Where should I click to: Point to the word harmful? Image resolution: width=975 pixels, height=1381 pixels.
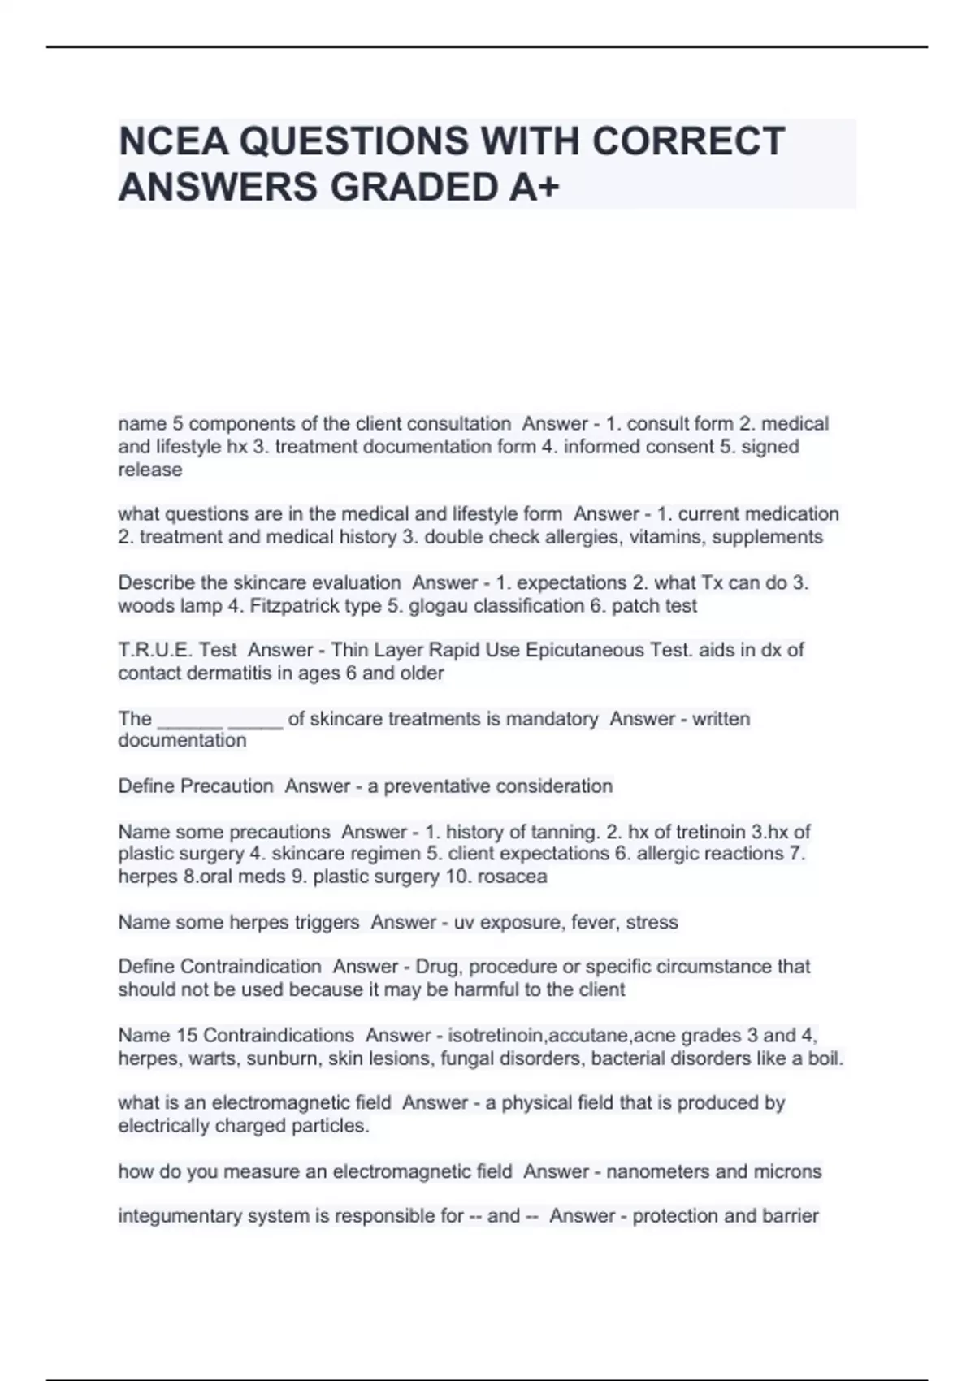[x=487, y=989]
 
